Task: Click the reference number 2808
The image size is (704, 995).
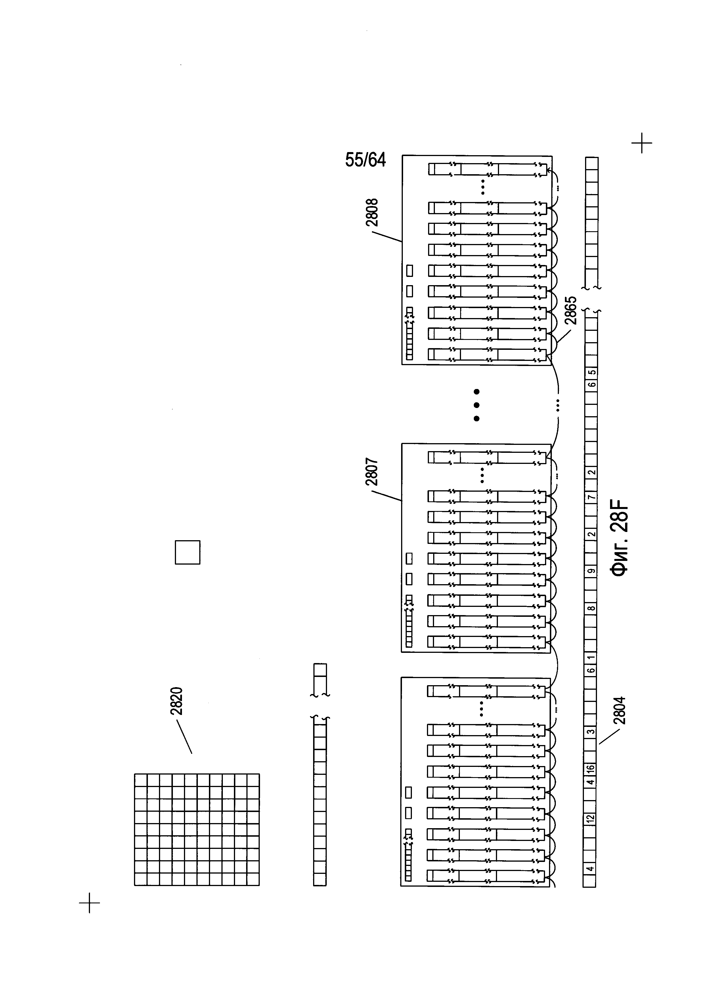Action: pos(372,212)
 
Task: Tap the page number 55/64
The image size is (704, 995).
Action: pos(365,160)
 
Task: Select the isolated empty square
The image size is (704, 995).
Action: pos(187,552)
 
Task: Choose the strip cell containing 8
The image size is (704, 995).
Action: pos(590,608)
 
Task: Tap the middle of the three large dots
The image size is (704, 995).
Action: pos(476,405)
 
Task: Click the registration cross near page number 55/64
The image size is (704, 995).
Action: pos(642,143)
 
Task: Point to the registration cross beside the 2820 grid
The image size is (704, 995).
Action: pos(89,903)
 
